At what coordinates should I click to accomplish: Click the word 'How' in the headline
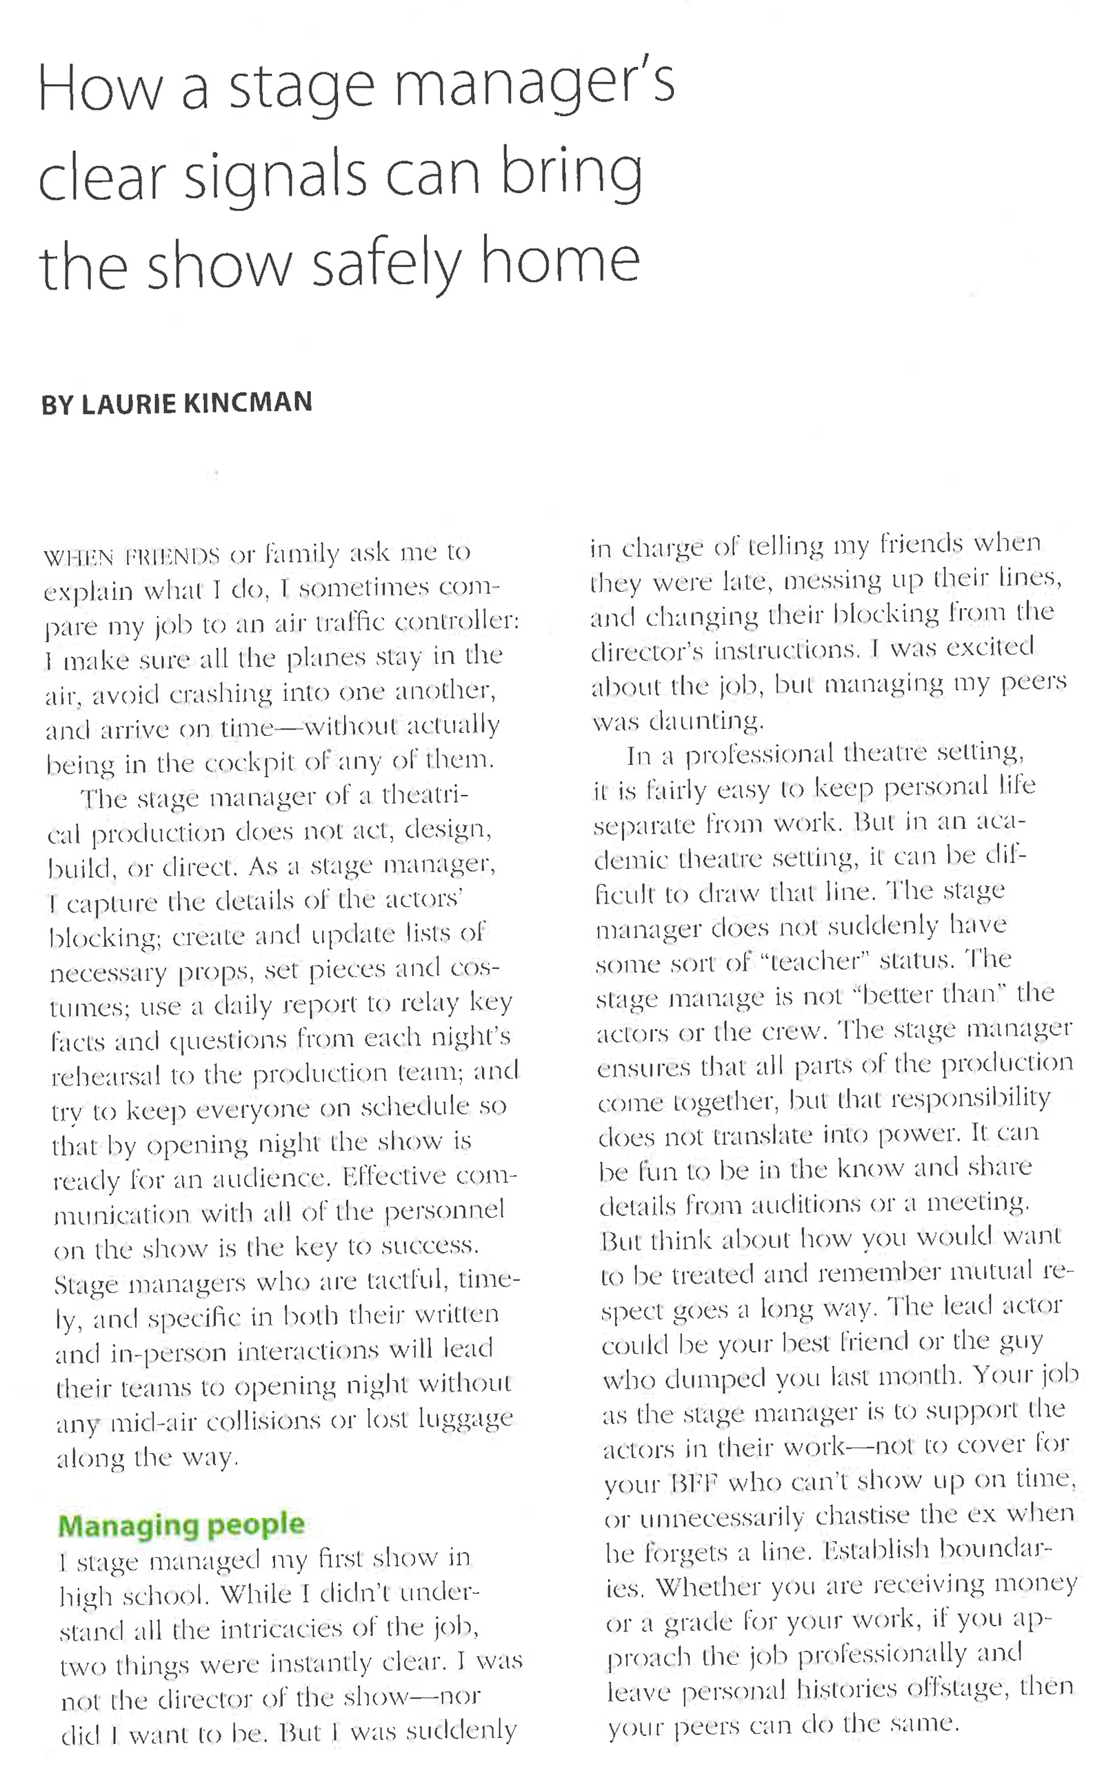point(99,90)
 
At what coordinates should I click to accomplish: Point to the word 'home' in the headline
point(560,261)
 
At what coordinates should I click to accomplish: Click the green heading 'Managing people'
point(181,1525)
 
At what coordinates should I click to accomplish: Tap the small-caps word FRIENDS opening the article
point(173,556)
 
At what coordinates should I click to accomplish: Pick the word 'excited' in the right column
point(990,647)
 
